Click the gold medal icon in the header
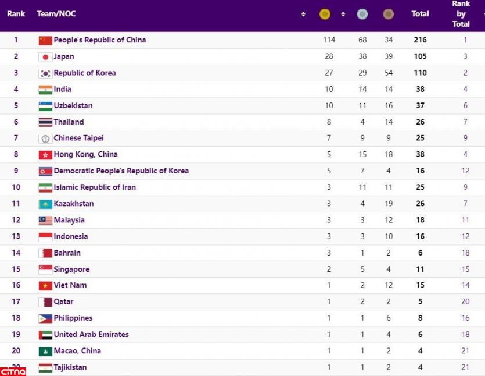325,14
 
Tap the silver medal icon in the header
362,14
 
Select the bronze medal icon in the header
388,14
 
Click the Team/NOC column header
56,14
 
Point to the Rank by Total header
461,14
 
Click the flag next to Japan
45,57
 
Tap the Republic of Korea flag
45,73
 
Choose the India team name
63,90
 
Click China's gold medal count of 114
329,40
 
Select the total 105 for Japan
420,56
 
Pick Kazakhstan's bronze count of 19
389,204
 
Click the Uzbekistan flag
45,106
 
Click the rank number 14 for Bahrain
16,253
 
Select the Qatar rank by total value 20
465,302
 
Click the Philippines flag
45,318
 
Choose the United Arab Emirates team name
91,335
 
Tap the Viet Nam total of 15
420,285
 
